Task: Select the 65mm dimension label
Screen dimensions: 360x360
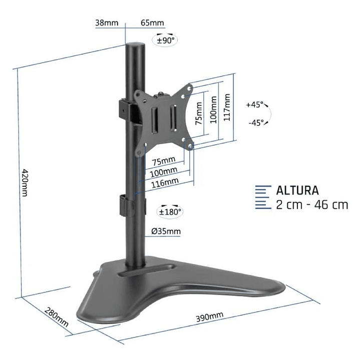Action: pyautogui.click(x=152, y=23)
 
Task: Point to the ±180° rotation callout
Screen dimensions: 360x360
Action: pyautogui.click(x=170, y=212)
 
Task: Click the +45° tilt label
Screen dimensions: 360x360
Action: pyautogui.click(x=254, y=105)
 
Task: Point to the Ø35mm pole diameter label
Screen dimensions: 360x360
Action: pyautogui.click(x=166, y=231)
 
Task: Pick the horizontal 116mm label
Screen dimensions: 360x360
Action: pyautogui.click(x=164, y=183)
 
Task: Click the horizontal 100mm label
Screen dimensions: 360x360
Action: pyautogui.click(x=163, y=172)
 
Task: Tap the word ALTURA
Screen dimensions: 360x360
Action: pyautogui.click(x=297, y=190)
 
